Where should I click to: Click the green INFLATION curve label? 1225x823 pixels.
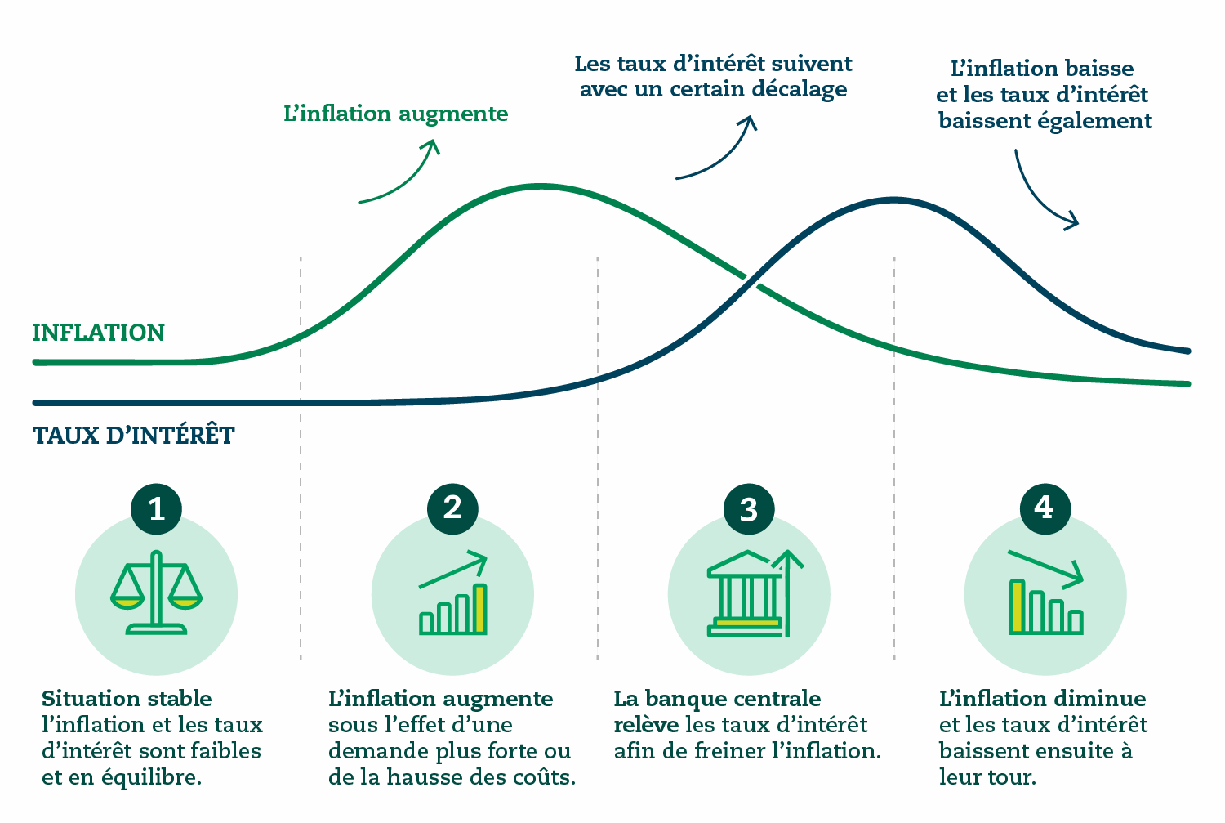coord(99,333)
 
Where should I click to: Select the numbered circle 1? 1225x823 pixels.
coord(157,509)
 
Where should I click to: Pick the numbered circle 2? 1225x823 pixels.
coord(452,509)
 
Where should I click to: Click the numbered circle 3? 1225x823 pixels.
coord(749,509)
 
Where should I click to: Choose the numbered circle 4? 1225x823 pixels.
coord(1045,509)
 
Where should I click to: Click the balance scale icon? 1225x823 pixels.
coord(157,593)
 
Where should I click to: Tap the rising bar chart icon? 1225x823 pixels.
coord(452,593)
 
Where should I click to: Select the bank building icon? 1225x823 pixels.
coord(755,593)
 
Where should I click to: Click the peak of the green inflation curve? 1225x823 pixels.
coord(541,186)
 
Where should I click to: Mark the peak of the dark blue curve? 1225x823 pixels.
coord(893,200)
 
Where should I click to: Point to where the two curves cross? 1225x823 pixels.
coord(751,280)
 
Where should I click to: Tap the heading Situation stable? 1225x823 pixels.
coord(127,699)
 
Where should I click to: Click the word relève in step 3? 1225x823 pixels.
coord(646,725)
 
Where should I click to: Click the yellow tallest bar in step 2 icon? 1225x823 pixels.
coord(480,609)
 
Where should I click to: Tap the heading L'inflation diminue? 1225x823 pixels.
coord(1042,699)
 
